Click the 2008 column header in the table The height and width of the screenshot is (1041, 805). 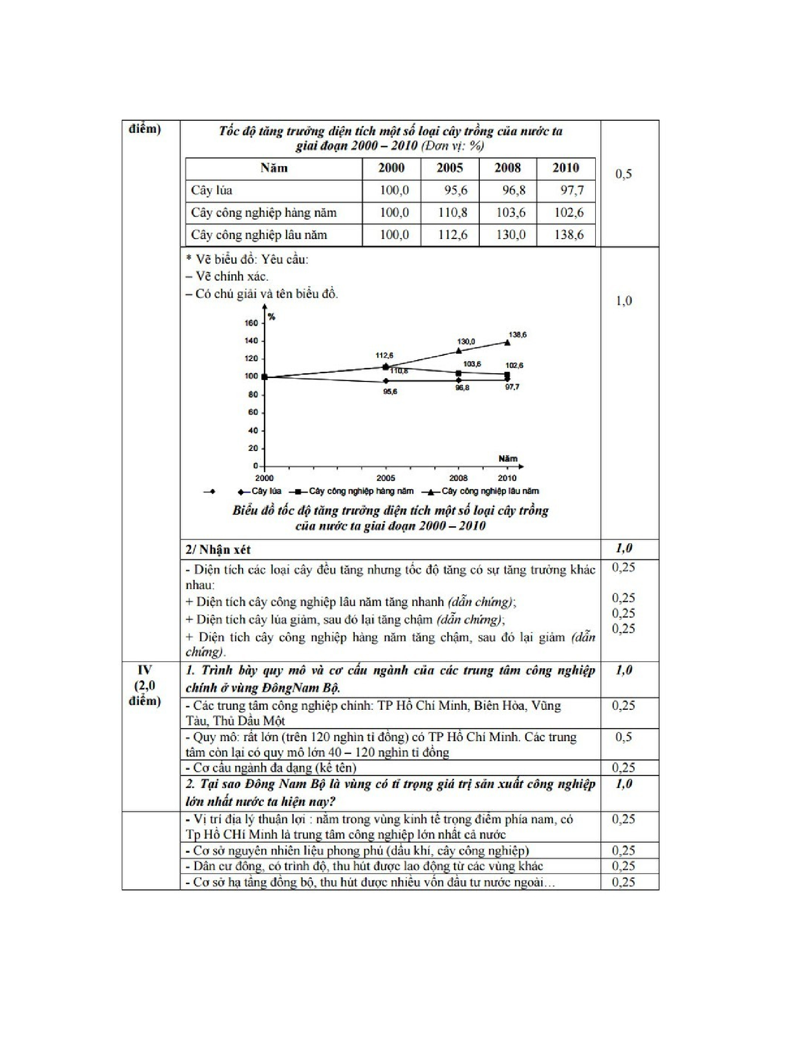pyautogui.click(x=508, y=168)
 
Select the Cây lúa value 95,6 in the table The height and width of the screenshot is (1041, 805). pyautogui.click(x=456, y=191)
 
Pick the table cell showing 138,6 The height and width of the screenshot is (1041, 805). pyautogui.click(x=568, y=235)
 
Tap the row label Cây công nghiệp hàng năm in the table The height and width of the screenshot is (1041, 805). pyautogui.click(x=264, y=212)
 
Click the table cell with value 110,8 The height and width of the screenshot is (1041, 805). pyautogui.click(x=452, y=212)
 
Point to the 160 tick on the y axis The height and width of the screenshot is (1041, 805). pyautogui.click(x=251, y=323)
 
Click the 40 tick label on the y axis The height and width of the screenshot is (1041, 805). pyautogui.click(x=253, y=431)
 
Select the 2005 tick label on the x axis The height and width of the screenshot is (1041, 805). pyautogui.click(x=385, y=478)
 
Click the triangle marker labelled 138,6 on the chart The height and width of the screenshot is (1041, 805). pyautogui.click(x=507, y=342)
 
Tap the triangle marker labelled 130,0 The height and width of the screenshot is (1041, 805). pyautogui.click(x=459, y=351)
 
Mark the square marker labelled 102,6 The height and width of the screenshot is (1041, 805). pyautogui.click(x=507, y=375)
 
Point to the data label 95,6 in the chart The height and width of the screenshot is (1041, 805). pyautogui.click(x=390, y=392)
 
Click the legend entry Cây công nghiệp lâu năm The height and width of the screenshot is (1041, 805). pyautogui.click(x=490, y=492)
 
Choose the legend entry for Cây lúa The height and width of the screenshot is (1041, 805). pyautogui.click(x=266, y=492)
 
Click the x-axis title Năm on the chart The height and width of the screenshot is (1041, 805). pyautogui.click(x=508, y=459)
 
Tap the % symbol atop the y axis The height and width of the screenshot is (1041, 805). pyautogui.click(x=271, y=317)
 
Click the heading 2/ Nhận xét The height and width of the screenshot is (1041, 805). pyautogui.click(x=218, y=549)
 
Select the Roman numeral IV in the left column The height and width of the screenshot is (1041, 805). pyautogui.click(x=144, y=670)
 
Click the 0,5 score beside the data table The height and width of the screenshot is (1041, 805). pyautogui.click(x=623, y=174)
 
